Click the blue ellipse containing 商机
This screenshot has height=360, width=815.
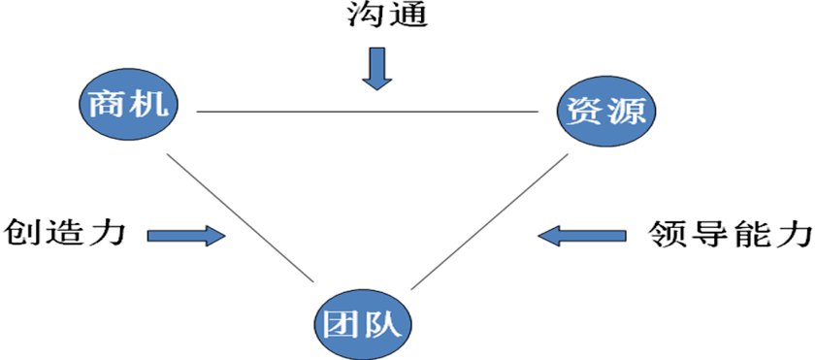click(129, 104)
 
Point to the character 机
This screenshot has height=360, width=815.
click(153, 104)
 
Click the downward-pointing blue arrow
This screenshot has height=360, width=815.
click(376, 68)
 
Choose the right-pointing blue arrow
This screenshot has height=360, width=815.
click(185, 236)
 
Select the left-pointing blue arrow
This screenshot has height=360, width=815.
click(582, 235)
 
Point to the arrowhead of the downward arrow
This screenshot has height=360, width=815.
click(376, 82)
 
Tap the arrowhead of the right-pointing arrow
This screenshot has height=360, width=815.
click(214, 236)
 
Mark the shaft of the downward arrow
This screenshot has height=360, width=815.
click(376, 60)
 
